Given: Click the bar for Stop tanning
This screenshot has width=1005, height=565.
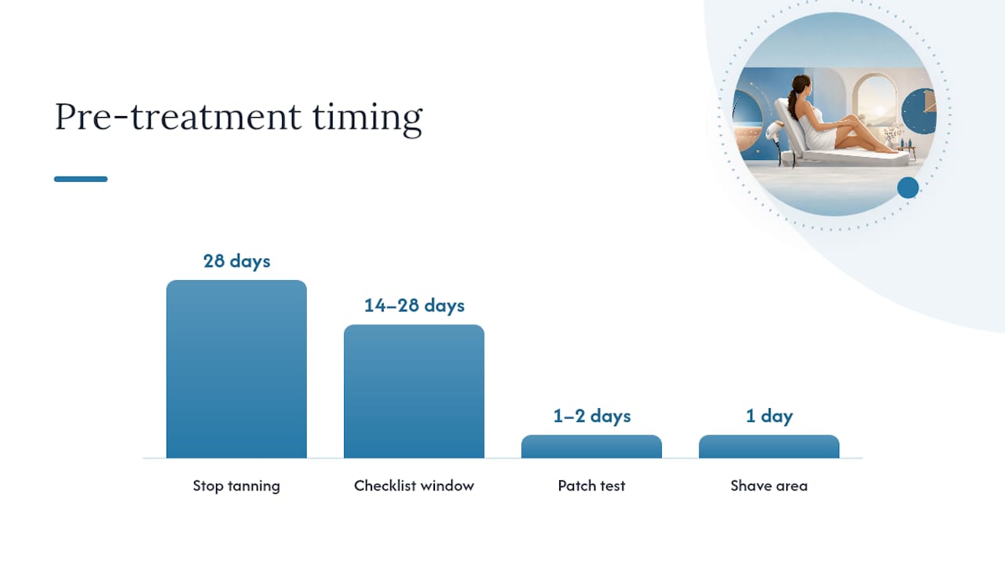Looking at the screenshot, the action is click(236, 369).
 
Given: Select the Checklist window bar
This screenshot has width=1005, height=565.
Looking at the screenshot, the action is click(414, 392).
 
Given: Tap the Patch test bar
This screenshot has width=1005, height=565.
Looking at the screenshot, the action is click(591, 447).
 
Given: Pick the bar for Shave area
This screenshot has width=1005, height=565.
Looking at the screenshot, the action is click(769, 447).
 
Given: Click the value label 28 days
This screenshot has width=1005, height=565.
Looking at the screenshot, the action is click(237, 261).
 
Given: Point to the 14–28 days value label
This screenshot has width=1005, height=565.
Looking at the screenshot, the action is click(414, 305).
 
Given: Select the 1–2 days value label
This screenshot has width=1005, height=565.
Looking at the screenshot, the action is click(592, 416).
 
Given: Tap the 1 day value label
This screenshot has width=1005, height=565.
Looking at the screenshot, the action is click(769, 416).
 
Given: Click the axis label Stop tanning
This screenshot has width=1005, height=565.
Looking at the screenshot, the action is click(236, 486).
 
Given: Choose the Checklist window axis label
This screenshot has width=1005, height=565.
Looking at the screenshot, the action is click(414, 486).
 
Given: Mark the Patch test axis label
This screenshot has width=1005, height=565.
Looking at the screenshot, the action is click(591, 486).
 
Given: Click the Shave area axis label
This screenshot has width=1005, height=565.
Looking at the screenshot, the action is click(769, 486).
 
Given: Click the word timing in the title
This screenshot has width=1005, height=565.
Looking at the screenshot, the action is click(367, 118).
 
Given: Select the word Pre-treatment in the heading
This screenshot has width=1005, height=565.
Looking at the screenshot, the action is click(177, 117).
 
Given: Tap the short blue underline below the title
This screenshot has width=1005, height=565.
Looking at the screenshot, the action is click(81, 179).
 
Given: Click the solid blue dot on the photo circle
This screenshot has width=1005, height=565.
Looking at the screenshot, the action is click(908, 188).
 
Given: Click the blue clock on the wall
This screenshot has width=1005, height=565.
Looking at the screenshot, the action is click(919, 111).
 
